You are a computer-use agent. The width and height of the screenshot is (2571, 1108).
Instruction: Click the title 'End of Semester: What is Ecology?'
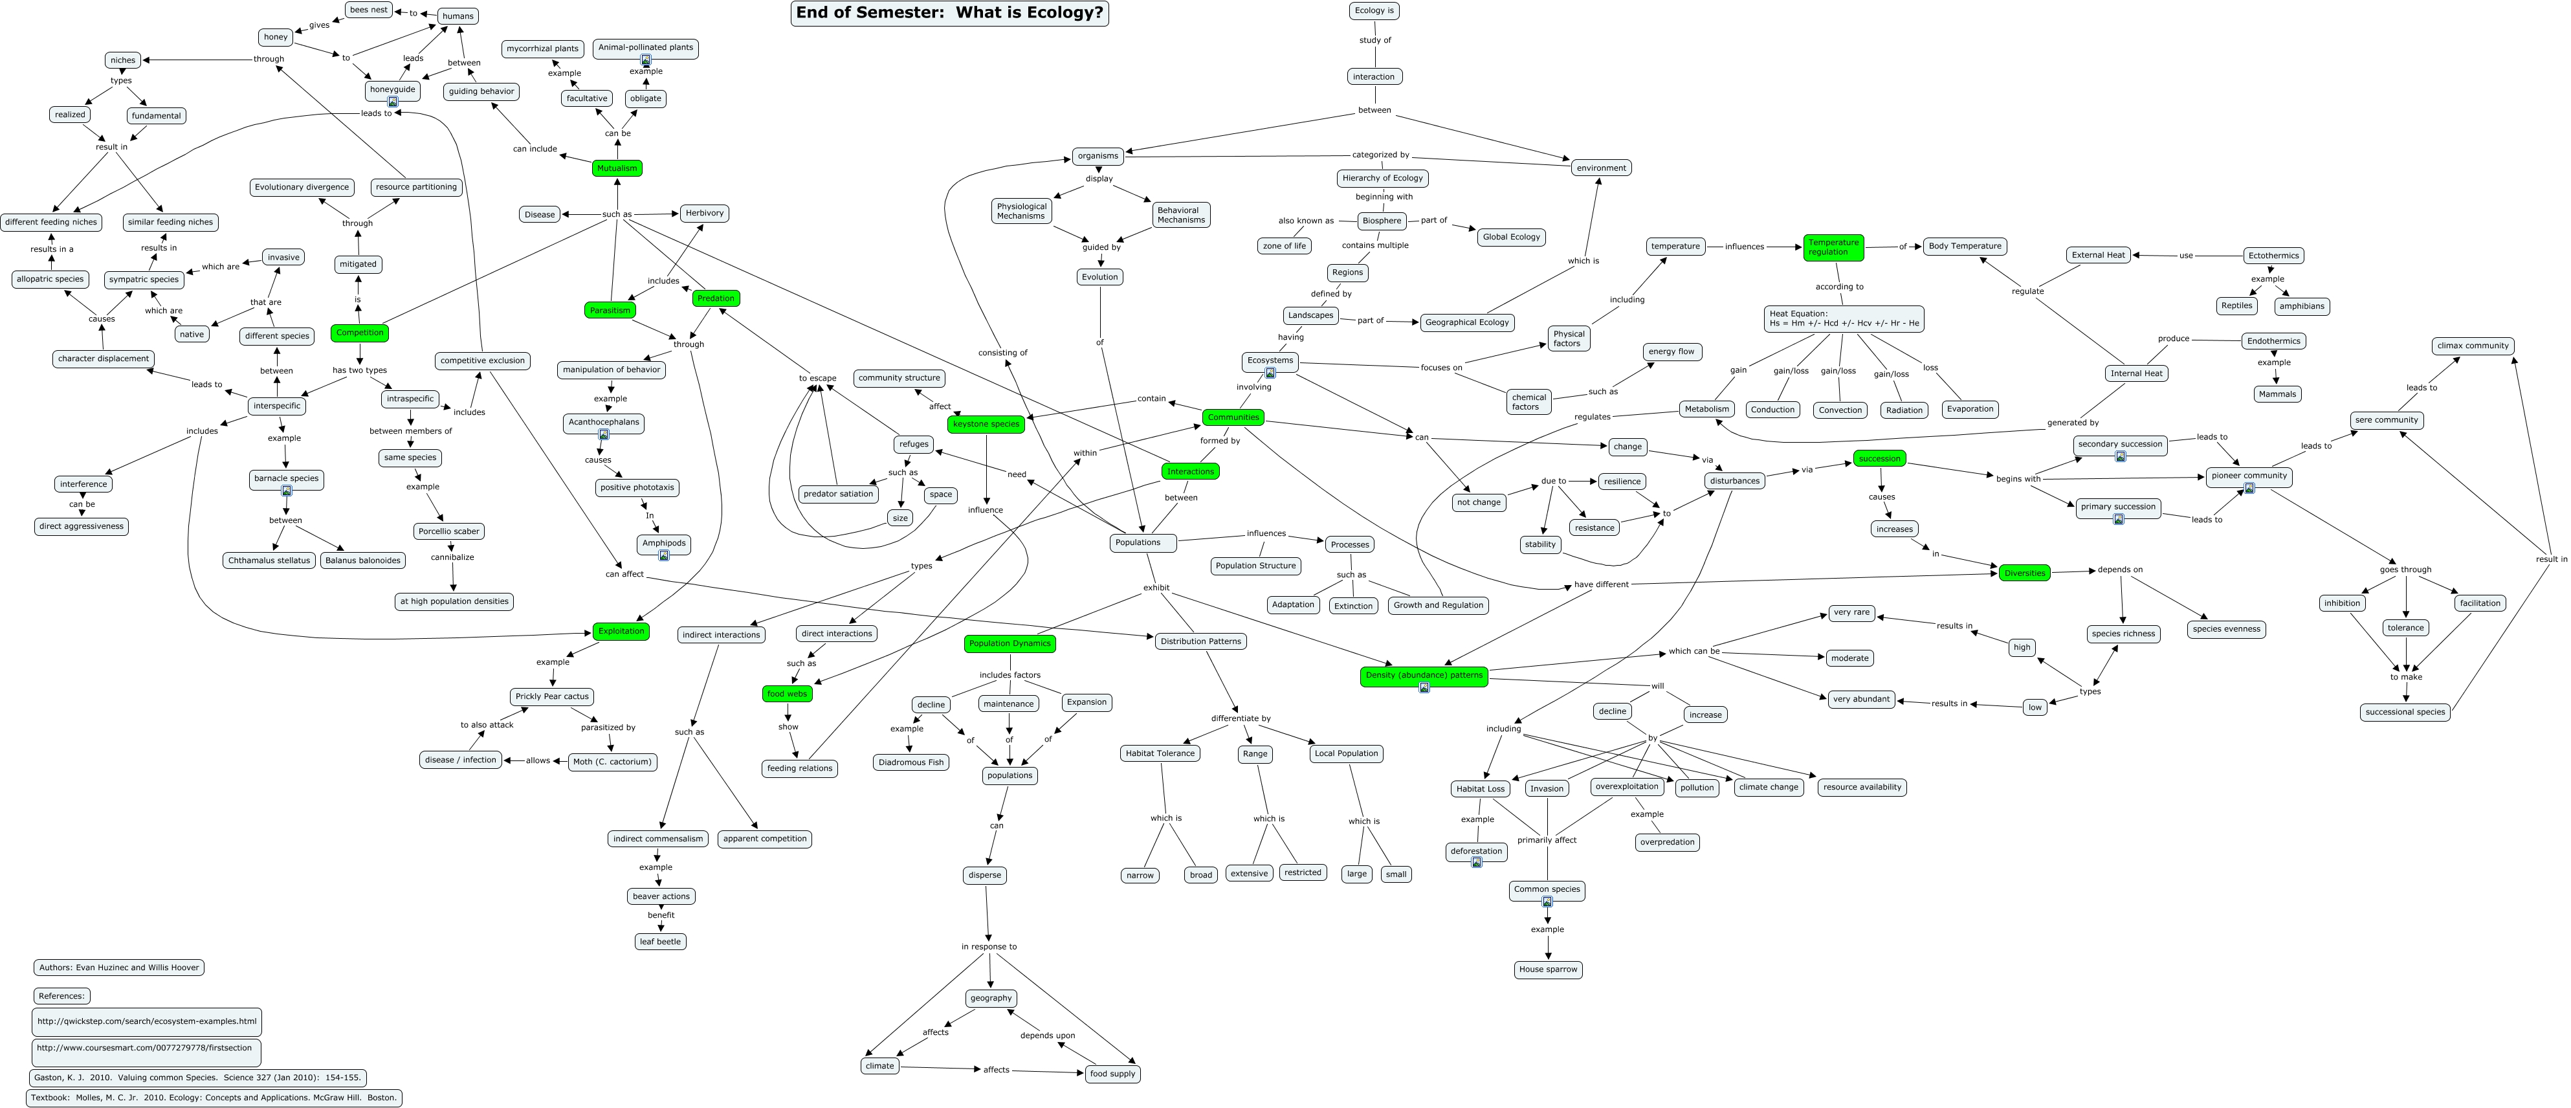(x=949, y=13)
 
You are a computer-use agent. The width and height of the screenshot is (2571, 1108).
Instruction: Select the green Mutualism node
(x=617, y=168)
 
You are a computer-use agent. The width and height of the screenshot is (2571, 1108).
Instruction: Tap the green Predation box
(x=716, y=298)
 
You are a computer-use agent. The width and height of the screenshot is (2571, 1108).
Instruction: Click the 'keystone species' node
(x=986, y=423)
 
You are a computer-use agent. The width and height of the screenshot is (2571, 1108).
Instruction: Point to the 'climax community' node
(x=2472, y=346)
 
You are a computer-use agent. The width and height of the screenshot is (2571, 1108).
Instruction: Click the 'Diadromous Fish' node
(x=911, y=762)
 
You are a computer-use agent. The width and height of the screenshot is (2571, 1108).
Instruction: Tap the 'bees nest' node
(x=368, y=10)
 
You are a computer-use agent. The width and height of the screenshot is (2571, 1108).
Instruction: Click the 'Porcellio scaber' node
(x=449, y=531)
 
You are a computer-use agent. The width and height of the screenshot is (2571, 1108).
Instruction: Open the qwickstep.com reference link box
(x=147, y=1021)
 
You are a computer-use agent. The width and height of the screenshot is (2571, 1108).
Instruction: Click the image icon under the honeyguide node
(x=392, y=102)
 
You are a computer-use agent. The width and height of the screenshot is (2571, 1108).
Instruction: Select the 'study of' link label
(x=1374, y=40)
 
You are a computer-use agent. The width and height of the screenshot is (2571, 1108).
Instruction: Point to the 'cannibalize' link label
(x=452, y=557)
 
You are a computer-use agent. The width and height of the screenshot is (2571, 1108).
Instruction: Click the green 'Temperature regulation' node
(x=1833, y=247)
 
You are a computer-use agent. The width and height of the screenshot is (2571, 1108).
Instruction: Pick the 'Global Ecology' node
(x=1511, y=237)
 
